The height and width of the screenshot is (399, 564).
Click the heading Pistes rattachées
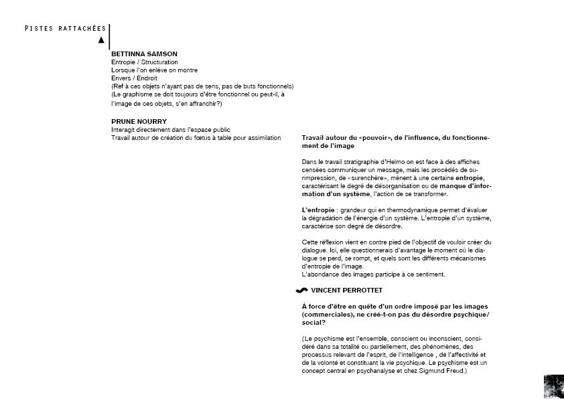pos(65,29)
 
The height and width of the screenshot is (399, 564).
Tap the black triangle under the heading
pos(101,40)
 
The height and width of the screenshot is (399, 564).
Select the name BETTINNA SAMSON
pos(144,54)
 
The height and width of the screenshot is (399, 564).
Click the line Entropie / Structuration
pos(145,62)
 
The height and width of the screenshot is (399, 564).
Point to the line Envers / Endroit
pos(134,78)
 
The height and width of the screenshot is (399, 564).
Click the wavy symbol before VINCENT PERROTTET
pos(301,291)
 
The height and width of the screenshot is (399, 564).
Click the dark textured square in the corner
pos(554,387)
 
